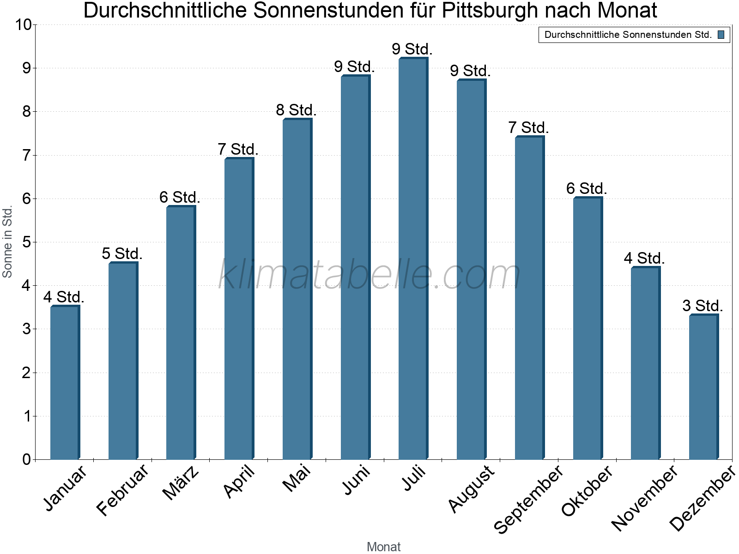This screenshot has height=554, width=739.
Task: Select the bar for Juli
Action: coord(413,259)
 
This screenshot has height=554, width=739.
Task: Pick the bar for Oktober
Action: coord(588,328)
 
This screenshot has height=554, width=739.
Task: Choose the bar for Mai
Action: coord(297,289)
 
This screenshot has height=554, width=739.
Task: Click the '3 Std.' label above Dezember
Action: coord(703,306)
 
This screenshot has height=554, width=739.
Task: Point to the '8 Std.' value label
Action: coord(296,110)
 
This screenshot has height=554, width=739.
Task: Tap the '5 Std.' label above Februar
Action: coord(122,253)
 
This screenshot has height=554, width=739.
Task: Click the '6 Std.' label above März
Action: coord(180,198)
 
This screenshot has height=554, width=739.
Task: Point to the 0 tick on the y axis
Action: coord(26,459)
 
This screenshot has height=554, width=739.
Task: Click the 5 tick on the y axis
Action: coord(26,242)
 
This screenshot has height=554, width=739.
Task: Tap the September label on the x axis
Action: coord(528,499)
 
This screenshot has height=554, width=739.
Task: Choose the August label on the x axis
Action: coord(471,488)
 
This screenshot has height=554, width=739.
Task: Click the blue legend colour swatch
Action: coord(721,35)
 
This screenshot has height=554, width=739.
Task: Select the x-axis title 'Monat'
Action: coord(383,547)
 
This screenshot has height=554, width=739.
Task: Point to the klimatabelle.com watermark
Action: coord(369,274)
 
